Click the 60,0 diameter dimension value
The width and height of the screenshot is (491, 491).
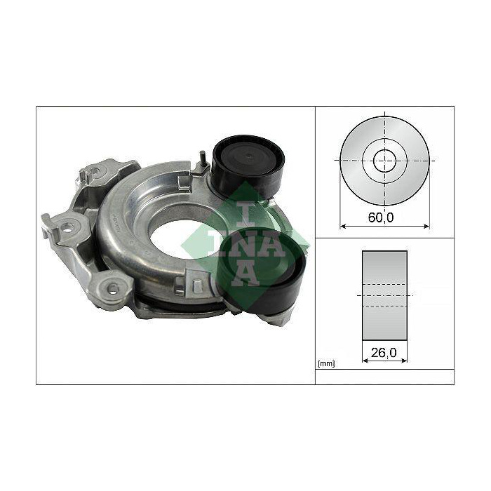coord(380,217)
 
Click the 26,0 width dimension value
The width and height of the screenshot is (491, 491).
coord(384,353)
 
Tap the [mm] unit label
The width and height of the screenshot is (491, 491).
coord(326,363)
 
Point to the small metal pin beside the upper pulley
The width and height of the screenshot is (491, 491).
coord(202,158)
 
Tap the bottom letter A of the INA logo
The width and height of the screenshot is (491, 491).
coord(245,271)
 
